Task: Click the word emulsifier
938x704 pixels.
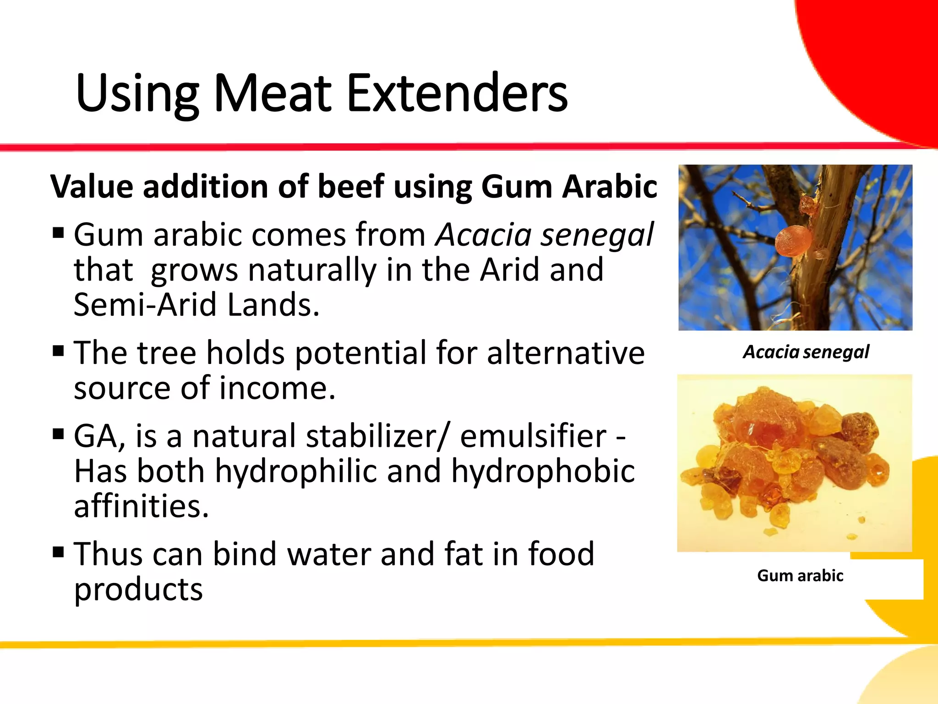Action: [533, 436]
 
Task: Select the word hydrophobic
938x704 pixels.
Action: [543, 472]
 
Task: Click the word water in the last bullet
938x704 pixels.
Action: [328, 554]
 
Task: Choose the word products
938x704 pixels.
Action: [138, 589]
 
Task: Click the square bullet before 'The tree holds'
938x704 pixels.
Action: [58, 352]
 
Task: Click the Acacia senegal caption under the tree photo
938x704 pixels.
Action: [806, 352]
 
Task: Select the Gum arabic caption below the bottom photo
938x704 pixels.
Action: [800, 576]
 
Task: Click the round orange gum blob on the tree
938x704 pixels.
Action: [793, 241]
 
